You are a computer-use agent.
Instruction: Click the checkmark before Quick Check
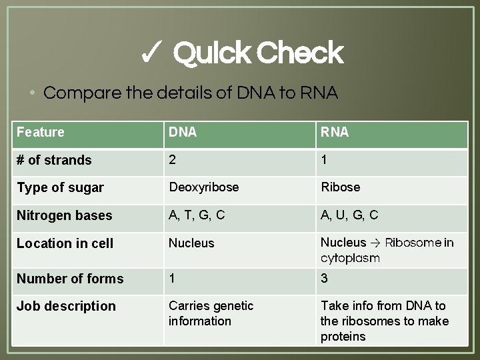click(x=153, y=53)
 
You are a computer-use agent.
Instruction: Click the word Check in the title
click(x=299, y=53)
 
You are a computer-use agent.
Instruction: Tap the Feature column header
click(x=41, y=132)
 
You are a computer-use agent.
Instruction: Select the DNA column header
click(x=183, y=132)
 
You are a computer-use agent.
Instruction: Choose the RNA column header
click(x=335, y=132)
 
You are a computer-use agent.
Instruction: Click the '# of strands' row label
click(x=54, y=160)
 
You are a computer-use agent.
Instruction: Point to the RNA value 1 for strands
click(x=324, y=159)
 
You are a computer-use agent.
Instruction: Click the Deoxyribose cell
click(x=203, y=187)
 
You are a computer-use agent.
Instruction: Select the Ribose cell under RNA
click(x=340, y=187)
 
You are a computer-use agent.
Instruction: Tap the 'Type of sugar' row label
click(x=60, y=188)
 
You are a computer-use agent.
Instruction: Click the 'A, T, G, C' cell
click(x=197, y=215)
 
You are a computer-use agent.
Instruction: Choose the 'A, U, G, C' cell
click(x=349, y=215)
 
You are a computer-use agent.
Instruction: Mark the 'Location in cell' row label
click(x=65, y=243)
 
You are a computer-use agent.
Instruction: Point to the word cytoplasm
click(x=350, y=258)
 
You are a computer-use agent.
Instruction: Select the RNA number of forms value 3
click(x=324, y=278)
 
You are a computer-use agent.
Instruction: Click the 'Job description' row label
click(x=66, y=306)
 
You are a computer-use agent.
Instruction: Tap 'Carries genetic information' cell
click(x=211, y=313)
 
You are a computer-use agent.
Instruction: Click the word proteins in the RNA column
click(x=343, y=337)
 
